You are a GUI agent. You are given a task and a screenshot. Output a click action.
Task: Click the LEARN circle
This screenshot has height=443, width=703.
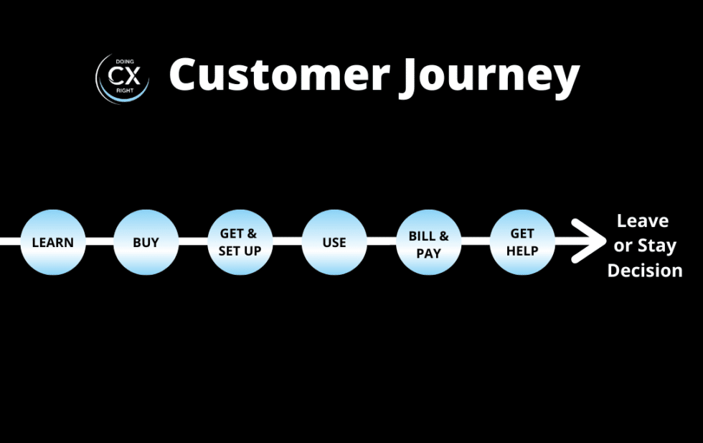(x=52, y=242)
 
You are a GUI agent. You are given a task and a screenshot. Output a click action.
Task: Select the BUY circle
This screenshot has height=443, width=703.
(x=146, y=242)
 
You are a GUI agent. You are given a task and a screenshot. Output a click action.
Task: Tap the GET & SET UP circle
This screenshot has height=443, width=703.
(x=240, y=242)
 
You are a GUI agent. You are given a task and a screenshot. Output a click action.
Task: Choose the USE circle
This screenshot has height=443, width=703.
(x=334, y=242)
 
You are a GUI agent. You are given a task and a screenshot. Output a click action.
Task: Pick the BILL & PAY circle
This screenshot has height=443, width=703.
(x=428, y=242)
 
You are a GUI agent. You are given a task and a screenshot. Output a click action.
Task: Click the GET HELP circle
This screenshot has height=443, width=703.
(x=522, y=242)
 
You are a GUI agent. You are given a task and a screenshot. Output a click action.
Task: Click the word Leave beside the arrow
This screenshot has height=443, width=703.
(x=643, y=220)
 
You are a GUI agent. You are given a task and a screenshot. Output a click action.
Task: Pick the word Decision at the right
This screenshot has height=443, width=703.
(x=645, y=271)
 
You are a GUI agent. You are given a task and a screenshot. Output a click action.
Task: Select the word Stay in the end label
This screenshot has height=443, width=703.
(x=656, y=246)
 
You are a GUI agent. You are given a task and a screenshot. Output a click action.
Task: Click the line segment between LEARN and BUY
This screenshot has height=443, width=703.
(x=99, y=241)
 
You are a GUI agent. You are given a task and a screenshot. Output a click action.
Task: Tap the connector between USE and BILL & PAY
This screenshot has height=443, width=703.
(x=381, y=241)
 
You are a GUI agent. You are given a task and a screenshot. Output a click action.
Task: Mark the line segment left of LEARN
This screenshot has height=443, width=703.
(x=9, y=241)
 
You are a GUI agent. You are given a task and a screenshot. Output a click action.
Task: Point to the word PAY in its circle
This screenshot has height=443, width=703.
(x=428, y=254)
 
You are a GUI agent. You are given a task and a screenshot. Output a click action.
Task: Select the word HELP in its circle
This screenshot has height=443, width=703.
(x=522, y=251)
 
